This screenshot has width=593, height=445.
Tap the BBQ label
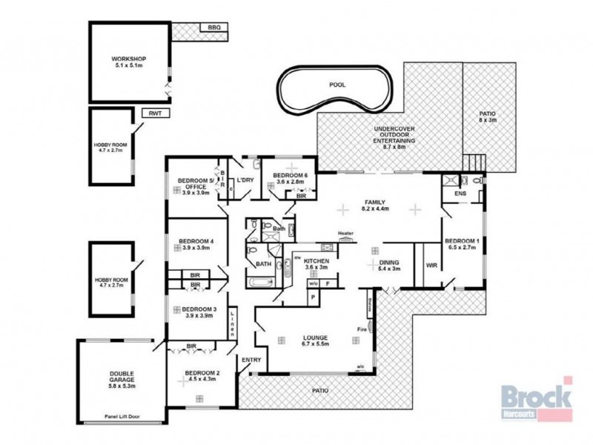click(214, 27)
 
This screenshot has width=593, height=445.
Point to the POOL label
click(337, 85)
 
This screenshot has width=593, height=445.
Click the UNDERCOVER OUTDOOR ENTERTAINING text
click(390, 137)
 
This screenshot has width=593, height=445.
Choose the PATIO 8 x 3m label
click(487, 116)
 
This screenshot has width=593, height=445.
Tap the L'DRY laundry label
click(245, 180)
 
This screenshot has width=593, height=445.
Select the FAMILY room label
click(378, 205)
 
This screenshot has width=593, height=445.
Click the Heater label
click(346, 234)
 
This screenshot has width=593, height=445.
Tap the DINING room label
click(389, 265)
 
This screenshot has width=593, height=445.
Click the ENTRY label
click(251, 360)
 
